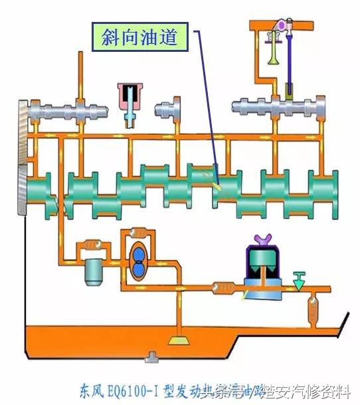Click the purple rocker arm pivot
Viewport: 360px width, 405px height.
(x=282, y=26)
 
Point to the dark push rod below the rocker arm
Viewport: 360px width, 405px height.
(x=290, y=89)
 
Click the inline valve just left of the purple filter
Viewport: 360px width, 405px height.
(x=221, y=288)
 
